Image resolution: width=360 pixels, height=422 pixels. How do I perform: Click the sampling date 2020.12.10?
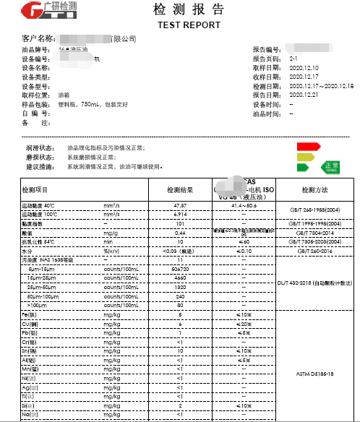[304, 68]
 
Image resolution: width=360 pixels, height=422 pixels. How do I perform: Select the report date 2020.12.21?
[304, 95]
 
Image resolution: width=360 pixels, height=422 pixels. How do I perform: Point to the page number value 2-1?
[293, 59]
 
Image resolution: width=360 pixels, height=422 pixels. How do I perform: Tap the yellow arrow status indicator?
[307, 157]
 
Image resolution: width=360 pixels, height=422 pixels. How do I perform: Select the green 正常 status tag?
[330, 166]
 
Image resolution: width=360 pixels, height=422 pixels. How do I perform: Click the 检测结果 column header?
[179, 189]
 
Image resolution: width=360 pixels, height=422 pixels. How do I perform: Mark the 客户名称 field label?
[38, 38]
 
